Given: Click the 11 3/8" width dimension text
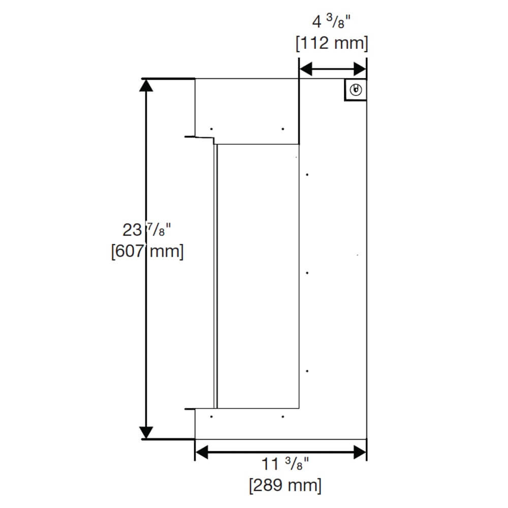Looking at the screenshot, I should click(x=285, y=465).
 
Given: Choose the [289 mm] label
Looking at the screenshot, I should click(x=285, y=485).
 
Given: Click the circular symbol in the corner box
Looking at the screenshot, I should click(x=356, y=90).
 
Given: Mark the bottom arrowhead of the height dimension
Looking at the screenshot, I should click(x=146, y=432).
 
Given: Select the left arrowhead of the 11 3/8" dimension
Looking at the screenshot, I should click(x=202, y=452).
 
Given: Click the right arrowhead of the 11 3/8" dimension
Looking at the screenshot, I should click(x=360, y=452).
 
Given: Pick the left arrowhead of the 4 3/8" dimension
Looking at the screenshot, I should click(x=305, y=69).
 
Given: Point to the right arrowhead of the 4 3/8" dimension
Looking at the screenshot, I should click(x=360, y=69).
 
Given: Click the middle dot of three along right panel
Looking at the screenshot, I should click(x=308, y=273).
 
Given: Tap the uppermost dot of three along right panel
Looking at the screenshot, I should click(x=308, y=175).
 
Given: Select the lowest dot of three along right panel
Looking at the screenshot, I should click(x=308, y=371).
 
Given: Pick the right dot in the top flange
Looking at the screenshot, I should click(x=282, y=129).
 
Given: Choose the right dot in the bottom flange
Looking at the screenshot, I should click(x=282, y=417).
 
